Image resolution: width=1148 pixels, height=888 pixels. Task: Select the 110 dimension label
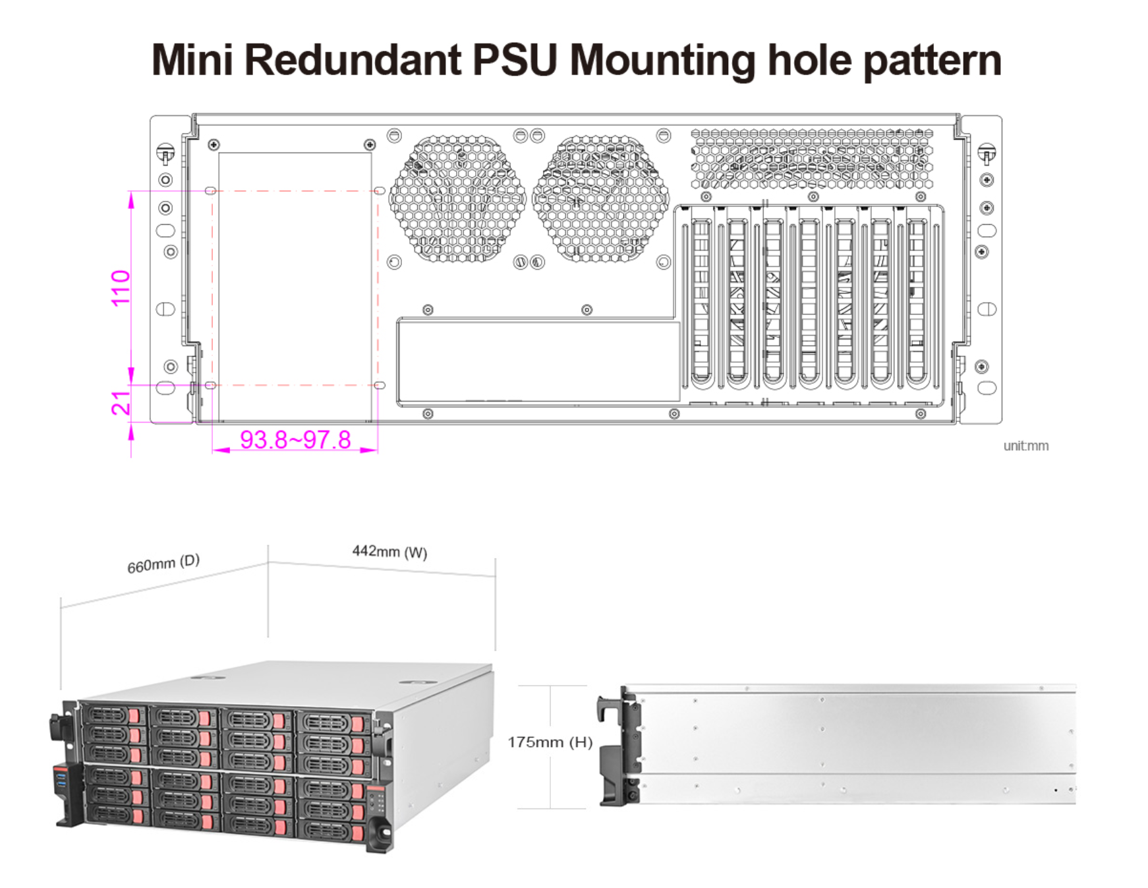click(121, 288)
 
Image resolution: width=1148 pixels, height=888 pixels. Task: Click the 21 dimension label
click(121, 403)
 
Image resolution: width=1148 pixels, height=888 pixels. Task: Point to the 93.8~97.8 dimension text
click(295, 440)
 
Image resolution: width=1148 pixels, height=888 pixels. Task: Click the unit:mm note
click(1025, 446)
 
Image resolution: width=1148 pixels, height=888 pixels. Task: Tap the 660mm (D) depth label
click(163, 564)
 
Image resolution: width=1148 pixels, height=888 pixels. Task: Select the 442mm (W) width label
click(389, 551)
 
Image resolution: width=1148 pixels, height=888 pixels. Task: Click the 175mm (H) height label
click(550, 742)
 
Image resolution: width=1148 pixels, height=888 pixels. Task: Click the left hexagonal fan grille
click(457, 198)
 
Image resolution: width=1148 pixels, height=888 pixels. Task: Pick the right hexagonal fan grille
click(600, 198)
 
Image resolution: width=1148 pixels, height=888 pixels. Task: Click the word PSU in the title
click(515, 60)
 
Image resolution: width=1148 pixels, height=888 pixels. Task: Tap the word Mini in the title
click(192, 60)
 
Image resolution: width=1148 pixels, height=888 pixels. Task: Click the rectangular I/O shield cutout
click(538, 361)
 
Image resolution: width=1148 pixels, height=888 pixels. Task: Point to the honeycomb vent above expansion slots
click(812, 159)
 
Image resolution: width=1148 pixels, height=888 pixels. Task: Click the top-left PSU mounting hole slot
click(210, 191)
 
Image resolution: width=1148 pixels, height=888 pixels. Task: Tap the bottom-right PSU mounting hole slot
click(380, 385)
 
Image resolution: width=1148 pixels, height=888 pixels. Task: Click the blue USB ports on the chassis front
click(61, 783)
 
